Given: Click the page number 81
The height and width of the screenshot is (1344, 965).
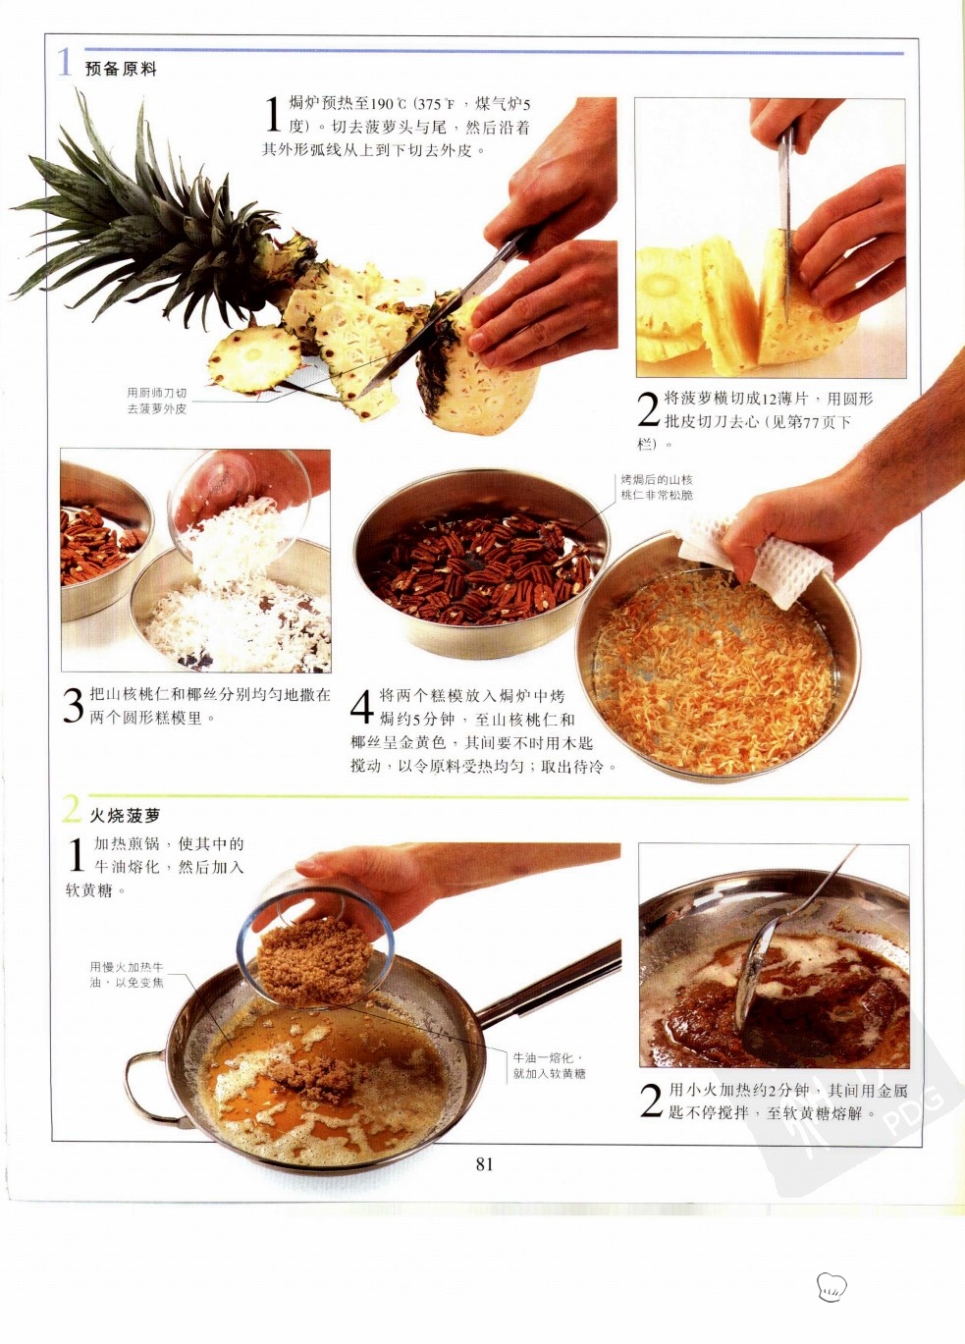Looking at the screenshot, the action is click(484, 1164).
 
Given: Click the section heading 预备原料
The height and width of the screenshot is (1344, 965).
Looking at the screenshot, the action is click(121, 69).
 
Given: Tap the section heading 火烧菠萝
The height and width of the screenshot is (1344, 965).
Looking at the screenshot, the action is click(126, 816).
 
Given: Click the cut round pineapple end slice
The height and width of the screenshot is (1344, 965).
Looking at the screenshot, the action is click(255, 358).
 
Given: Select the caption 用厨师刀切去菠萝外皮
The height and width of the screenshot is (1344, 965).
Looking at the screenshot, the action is click(157, 401).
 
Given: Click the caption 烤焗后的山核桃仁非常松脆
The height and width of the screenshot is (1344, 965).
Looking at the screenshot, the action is click(657, 487).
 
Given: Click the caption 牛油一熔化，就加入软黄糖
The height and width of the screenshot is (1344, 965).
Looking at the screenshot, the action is click(549, 1065).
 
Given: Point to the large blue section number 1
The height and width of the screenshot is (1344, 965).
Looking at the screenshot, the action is click(64, 63).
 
